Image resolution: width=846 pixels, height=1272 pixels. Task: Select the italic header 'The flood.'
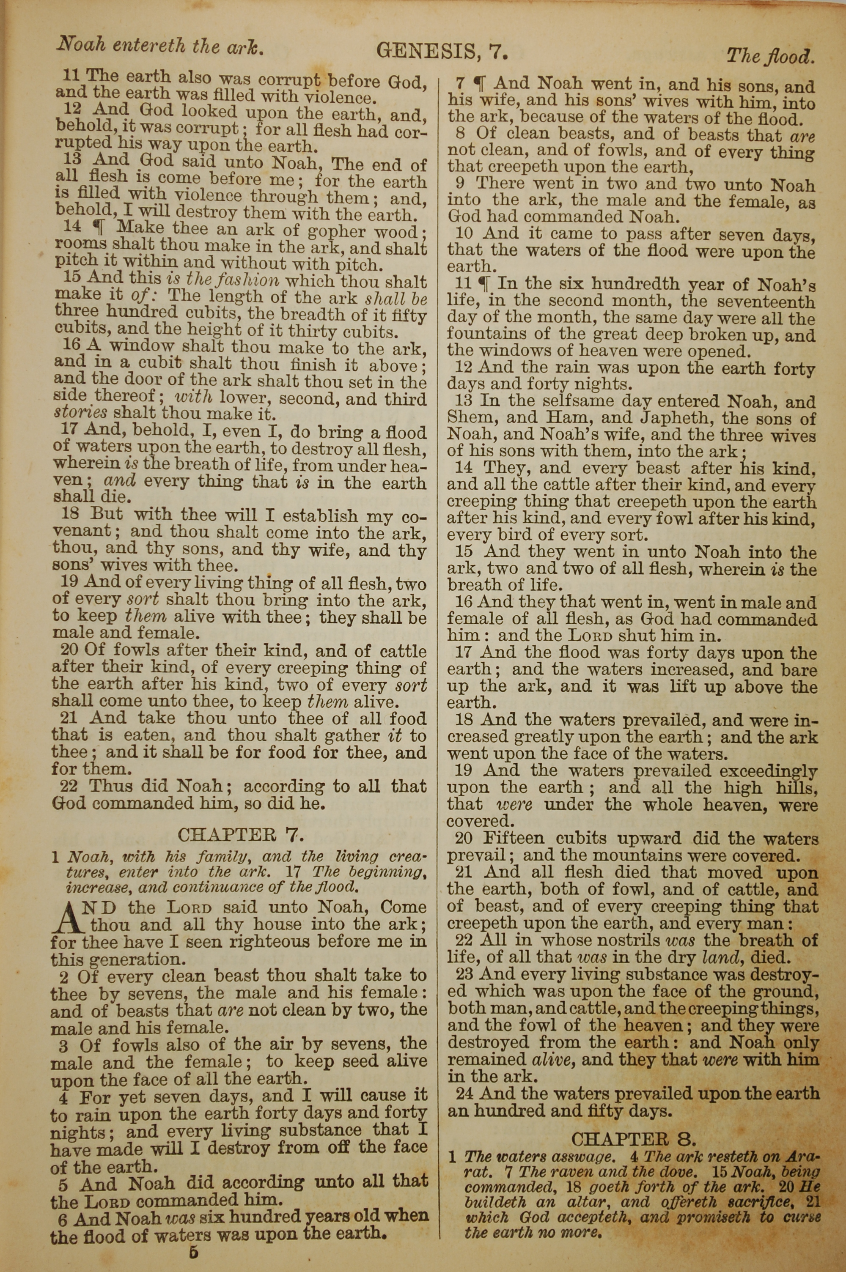[770, 57]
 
